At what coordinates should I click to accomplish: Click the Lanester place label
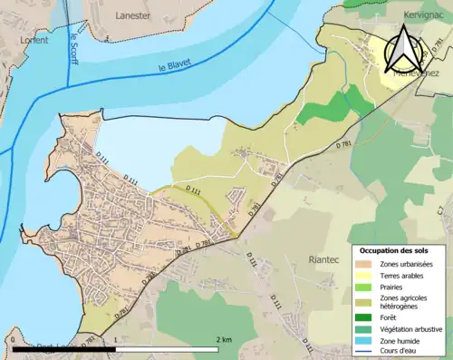coord(133,15)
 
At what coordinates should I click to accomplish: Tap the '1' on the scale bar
coord(115,339)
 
